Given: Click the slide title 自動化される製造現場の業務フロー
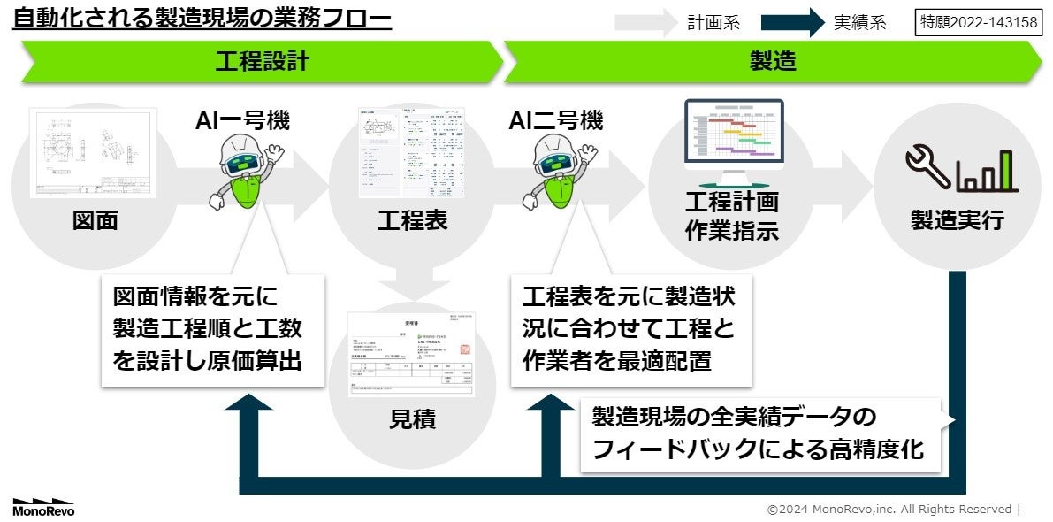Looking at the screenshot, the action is [x=202, y=18].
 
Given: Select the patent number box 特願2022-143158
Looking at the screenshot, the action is [x=979, y=22].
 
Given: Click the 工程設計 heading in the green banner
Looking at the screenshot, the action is [x=262, y=61].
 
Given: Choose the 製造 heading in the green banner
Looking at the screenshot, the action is [x=773, y=61].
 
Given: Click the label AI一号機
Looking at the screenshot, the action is [x=242, y=120].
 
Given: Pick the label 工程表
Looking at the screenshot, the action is [x=412, y=220].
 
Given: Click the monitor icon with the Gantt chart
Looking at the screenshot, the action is [x=734, y=137].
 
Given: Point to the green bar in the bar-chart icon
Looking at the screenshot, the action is [x=1006, y=170].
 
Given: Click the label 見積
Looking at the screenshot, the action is [x=412, y=419].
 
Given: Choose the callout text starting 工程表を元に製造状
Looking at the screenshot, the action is [x=630, y=328].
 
